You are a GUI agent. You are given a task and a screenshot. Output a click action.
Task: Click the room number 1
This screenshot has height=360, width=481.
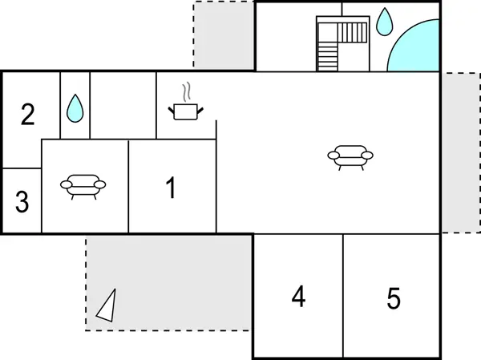tap(171, 188)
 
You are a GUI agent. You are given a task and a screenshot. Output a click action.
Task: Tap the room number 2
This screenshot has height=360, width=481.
tap(27, 114)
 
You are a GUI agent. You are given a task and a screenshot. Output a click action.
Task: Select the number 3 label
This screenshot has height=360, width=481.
tap(22, 201)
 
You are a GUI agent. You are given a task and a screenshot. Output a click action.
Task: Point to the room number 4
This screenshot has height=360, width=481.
tap(298, 296)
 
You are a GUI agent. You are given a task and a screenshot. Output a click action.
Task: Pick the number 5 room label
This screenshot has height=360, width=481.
tap(394, 298)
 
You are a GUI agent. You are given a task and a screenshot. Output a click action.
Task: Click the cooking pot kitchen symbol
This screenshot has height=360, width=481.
tap(186, 111)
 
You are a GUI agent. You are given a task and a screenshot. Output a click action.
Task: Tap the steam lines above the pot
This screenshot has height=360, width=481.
tap(187, 91)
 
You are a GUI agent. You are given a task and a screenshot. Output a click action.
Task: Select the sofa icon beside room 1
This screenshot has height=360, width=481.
tap(83, 187)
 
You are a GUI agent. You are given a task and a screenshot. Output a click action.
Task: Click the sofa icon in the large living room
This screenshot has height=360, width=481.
tap(350, 158)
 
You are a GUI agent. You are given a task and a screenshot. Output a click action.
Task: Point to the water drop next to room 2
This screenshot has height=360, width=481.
tap(75, 108)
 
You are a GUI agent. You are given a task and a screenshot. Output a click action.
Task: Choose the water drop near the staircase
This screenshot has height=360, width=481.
tap(384, 22)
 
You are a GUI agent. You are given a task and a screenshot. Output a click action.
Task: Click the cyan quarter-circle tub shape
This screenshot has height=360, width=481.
tap(413, 45)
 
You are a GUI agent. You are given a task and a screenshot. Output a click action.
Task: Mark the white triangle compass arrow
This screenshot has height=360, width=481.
tap(106, 305)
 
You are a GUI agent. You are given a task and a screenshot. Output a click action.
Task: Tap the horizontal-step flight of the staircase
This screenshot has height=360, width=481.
tap(328, 57)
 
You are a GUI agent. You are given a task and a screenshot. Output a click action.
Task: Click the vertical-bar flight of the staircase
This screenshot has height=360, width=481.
tap(352, 33)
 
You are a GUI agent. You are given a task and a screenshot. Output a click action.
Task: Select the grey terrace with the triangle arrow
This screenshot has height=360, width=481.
tap(168, 283)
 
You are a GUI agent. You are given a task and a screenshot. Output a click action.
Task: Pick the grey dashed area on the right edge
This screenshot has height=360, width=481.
tap(461, 152)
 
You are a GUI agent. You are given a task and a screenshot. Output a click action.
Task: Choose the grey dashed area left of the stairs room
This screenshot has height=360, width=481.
tap(224, 35)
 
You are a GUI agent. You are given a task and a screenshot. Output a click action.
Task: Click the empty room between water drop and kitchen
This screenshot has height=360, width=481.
tap(123, 105)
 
